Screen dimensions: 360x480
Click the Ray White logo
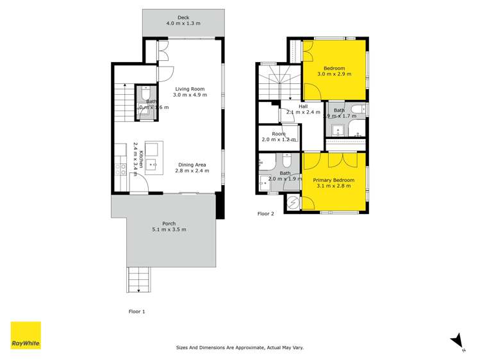click(x=26, y=336)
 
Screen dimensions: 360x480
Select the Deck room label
click(x=183, y=20)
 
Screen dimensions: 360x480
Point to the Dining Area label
click(x=193, y=165)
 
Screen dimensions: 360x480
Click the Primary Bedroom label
click(x=333, y=181)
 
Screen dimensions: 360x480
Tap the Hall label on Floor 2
click(x=303, y=106)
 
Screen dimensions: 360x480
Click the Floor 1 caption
click(x=137, y=311)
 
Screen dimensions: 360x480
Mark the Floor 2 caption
click(x=265, y=213)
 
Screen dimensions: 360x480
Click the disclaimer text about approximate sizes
click(x=240, y=348)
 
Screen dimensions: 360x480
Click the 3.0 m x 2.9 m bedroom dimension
click(x=334, y=74)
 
